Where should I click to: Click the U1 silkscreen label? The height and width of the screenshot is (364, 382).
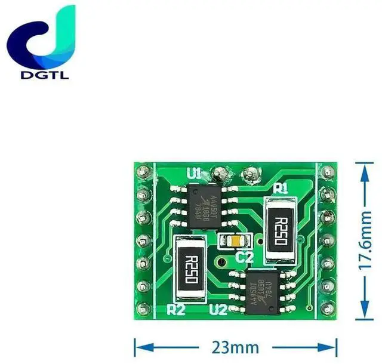pos(194,174)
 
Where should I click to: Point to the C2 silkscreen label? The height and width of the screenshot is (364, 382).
pos(245,258)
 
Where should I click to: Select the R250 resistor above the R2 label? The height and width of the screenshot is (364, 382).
pos(192,267)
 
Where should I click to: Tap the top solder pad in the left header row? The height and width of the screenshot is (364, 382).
pos(143,173)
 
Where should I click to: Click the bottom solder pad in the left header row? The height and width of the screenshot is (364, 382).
pos(143,309)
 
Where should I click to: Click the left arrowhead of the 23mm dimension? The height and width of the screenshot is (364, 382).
pos(138,346)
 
